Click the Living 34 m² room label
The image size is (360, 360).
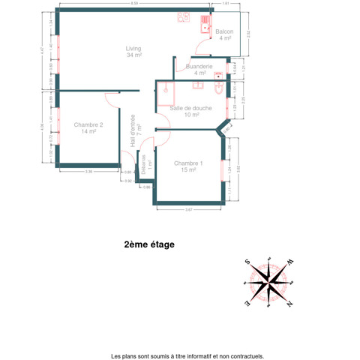click(x=134, y=52)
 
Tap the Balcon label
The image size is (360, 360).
click(x=224, y=34)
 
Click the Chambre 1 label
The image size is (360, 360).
click(x=187, y=166)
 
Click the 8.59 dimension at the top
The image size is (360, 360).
click(x=133, y=4)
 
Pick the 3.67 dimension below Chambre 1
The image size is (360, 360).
click(x=189, y=209)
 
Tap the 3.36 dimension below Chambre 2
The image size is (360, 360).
click(x=88, y=172)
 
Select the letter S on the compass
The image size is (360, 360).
click(x=247, y=262)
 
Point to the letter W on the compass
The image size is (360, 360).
click(x=289, y=262)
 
